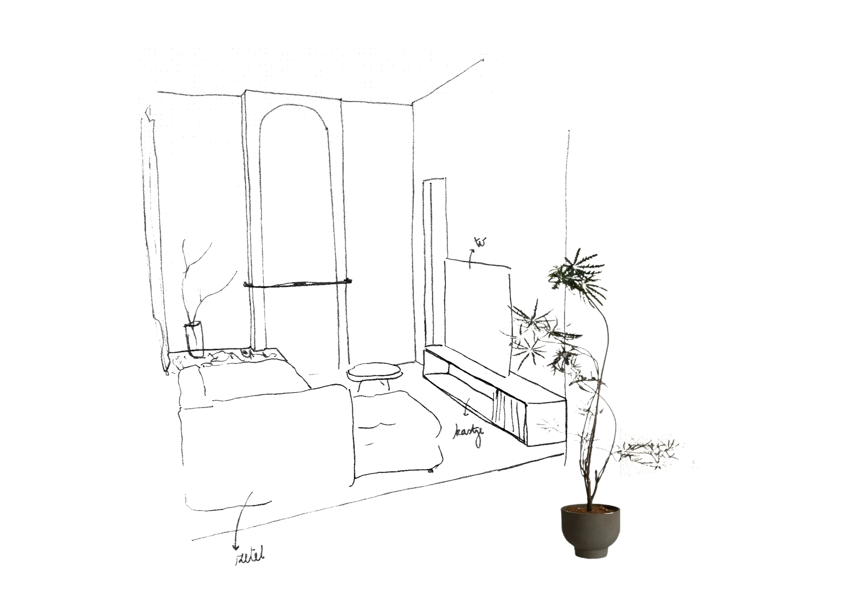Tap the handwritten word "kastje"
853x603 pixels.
pyautogui.click(x=468, y=436)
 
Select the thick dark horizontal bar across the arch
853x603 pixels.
pyautogui.click(x=297, y=285)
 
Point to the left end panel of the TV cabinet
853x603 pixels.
pyautogui.click(x=436, y=364)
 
